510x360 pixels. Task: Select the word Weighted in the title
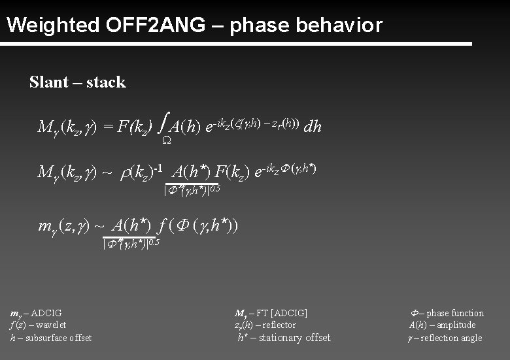[x=52, y=25]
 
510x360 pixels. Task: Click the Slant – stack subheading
[x=77, y=82]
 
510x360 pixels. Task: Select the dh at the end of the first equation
[x=313, y=127]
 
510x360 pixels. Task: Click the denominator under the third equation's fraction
[x=131, y=244]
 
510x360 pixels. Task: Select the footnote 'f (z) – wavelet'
[x=38, y=325]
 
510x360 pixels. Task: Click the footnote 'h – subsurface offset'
[x=51, y=337]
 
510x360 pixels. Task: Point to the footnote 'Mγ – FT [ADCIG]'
[x=271, y=313]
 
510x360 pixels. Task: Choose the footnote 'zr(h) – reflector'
[x=265, y=325]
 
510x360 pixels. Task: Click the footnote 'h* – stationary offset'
[x=283, y=337]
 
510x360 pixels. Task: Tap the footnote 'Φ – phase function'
[x=447, y=313]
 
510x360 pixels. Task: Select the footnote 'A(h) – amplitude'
[x=442, y=325]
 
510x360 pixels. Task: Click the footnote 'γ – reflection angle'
[x=444, y=337]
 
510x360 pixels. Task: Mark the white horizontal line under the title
[x=235, y=44]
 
